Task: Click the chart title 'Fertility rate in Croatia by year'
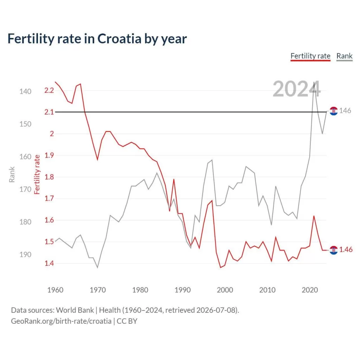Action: pos(97,39)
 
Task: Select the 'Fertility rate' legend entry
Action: pos(310,56)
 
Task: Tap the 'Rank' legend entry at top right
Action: pos(345,56)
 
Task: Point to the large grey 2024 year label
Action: pos(296,89)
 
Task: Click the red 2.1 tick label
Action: pos(49,112)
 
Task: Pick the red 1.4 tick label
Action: pos(49,263)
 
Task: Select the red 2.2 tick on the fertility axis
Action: pos(49,90)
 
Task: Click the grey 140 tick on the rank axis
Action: pos(25,92)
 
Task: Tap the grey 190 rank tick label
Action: pos(25,255)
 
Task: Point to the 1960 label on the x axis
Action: pos(55,290)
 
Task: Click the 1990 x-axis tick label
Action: pos(182,290)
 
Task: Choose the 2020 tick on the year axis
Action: pos(310,290)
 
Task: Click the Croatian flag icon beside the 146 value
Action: pos(334,111)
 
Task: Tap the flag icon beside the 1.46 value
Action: pos(334,250)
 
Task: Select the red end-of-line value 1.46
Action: pos(346,250)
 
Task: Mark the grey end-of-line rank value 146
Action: pos(345,111)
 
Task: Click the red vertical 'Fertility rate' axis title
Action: pos(37,174)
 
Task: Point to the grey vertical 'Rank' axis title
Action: pos(12,174)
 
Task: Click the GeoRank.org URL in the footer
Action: pos(61,321)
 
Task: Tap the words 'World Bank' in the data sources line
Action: pos(75,310)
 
